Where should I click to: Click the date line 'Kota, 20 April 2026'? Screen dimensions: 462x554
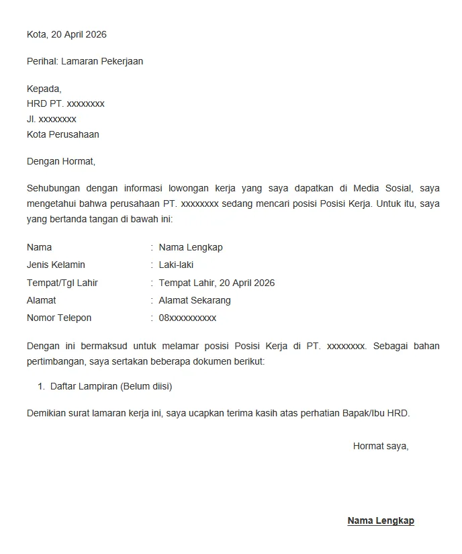[x=66, y=34]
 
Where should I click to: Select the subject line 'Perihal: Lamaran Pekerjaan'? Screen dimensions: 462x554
[x=85, y=61]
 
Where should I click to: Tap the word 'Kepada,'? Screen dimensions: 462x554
[x=44, y=89]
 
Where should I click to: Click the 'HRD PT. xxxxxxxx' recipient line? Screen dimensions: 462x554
[x=66, y=104]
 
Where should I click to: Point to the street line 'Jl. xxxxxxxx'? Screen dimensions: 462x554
[x=52, y=120]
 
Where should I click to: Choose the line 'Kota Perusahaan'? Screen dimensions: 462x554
[x=63, y=134]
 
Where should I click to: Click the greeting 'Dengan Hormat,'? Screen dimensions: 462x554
[x=61, y=161]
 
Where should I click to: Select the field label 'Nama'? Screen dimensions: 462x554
[x=39, y=247]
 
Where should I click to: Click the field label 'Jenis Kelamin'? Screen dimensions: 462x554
[x=56, y=265]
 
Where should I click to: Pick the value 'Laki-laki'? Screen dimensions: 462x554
[x=176, y=265]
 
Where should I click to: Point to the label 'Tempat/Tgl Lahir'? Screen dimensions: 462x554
[x=62, y=283]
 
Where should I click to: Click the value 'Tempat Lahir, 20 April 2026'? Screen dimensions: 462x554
[x=217, y=283]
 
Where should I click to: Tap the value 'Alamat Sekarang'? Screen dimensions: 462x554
[x=195, y=300]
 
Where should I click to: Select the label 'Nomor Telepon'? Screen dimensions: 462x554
[x=59, y=318]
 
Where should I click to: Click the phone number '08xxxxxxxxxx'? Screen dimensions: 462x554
[x=187, y=318]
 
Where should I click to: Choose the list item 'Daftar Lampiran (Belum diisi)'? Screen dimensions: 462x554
[x=111, y=387]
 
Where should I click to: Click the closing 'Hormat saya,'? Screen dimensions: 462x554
[x=381, y=446]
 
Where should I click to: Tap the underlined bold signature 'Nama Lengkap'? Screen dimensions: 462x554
[x=381, y=521]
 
